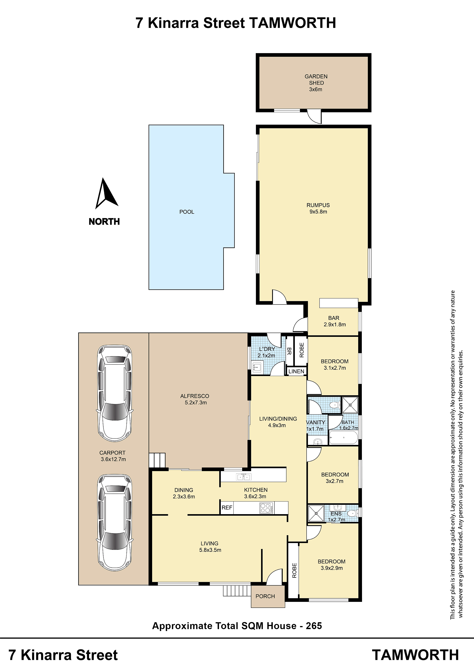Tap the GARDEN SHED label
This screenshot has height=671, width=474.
(316, 80)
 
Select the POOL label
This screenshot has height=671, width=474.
(187, 212)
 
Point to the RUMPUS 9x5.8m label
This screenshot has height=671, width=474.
(318, 208)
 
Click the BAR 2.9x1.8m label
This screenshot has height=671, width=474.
(334, 321)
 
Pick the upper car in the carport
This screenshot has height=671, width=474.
(115, 393)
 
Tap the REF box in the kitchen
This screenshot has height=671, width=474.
(227, 508)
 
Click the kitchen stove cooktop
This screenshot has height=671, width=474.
(267, 508)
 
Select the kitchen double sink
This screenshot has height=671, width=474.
(243, 477)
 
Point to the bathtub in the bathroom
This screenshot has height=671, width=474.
(343, 437)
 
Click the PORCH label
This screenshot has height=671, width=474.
(265, 596)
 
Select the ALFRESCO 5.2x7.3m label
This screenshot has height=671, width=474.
(195, 399)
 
